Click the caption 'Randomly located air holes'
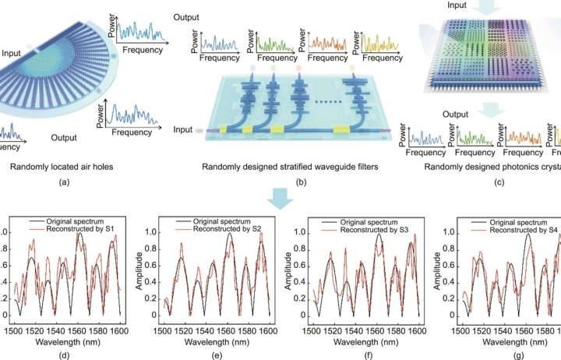[x=62, y=167]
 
